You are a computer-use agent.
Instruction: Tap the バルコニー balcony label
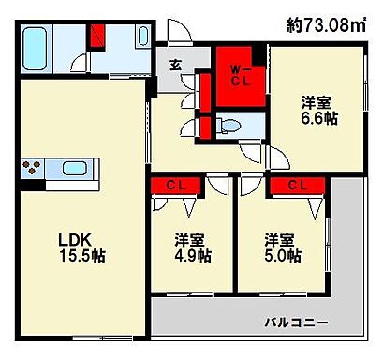(295, 322)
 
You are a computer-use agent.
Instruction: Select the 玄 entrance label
(175, 65)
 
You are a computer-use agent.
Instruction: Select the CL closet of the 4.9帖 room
(176, 184)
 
